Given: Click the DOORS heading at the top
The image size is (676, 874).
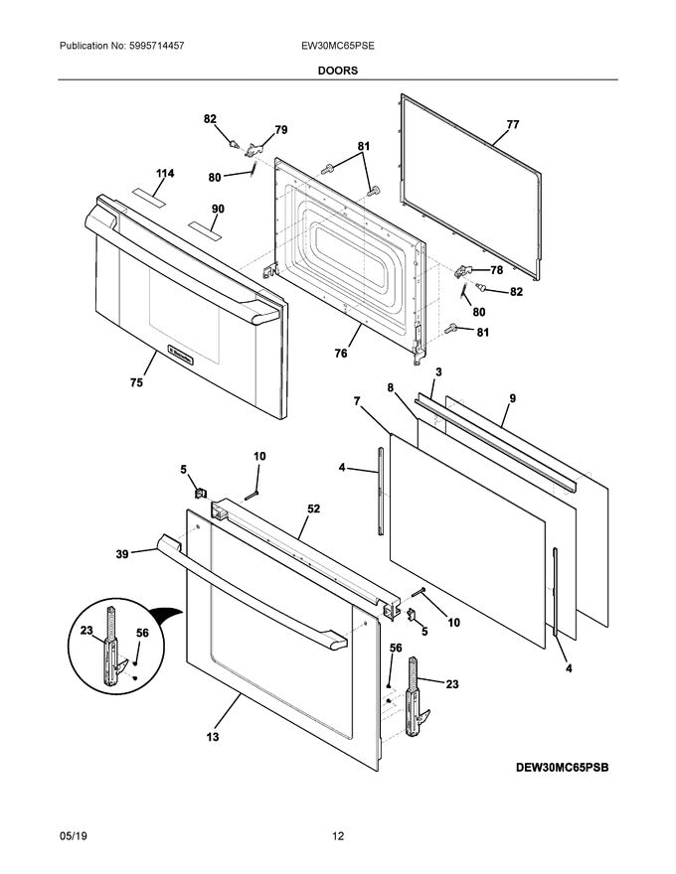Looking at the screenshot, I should [338, 71].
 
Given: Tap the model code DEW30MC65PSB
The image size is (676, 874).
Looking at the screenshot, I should [562, 768].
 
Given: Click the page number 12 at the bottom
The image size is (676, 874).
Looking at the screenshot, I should [338, 836].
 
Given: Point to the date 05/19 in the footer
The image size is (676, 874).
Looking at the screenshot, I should [75, 836].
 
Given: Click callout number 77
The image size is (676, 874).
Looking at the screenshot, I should [512, 125].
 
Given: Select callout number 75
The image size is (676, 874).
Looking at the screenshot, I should [136, 382].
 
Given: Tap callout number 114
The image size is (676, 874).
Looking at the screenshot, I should [164, 174].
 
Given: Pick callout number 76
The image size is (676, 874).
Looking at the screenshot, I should [341, 352].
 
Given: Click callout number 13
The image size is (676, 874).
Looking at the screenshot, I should [214, 737].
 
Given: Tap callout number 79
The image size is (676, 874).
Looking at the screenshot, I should [280, 130].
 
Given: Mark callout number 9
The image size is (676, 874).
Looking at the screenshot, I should [512, 399].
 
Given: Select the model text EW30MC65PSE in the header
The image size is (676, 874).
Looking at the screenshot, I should [338, 47].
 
